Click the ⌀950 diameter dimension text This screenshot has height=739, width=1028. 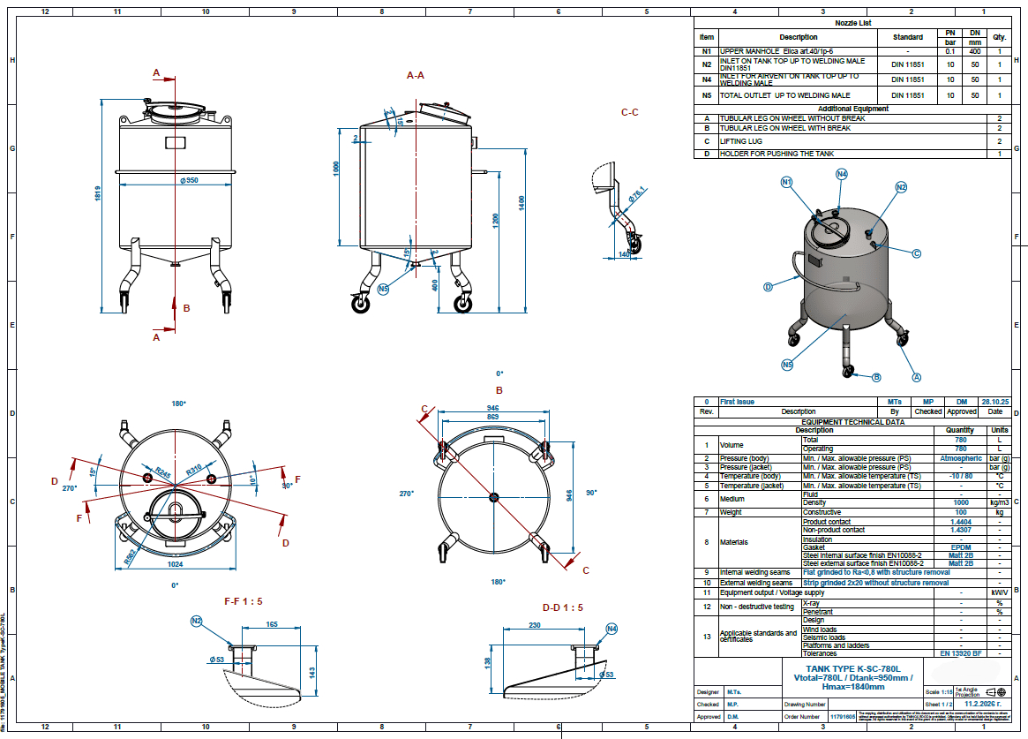188,180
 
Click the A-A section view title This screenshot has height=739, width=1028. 416,76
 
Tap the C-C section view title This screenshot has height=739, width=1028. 629,112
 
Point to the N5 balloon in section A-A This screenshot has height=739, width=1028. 383,289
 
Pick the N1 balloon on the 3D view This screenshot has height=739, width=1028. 787,182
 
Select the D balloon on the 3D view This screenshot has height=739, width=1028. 768,286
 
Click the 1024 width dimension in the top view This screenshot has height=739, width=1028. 175,562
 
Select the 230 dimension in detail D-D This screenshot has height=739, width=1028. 535,624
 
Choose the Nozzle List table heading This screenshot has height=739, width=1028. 852,23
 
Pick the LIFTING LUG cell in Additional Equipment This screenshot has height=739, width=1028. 741,141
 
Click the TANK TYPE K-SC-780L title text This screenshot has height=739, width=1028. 852,669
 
